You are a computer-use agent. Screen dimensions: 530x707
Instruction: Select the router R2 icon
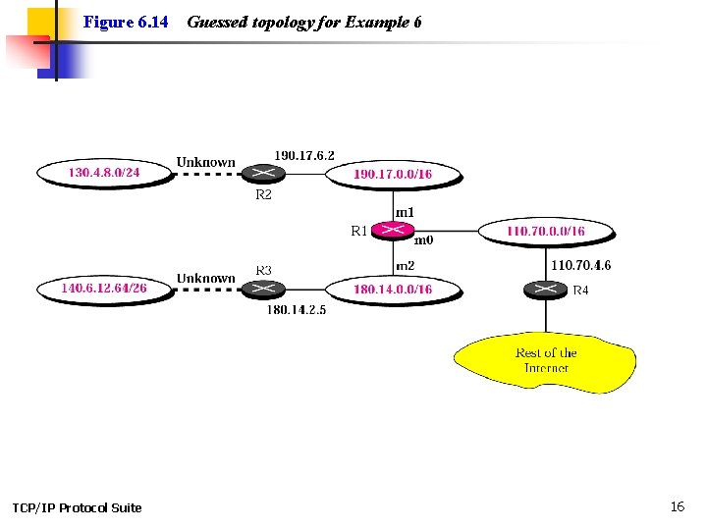262,174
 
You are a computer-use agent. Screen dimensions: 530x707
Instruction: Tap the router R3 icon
262,289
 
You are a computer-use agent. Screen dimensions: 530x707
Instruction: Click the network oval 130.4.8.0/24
104,173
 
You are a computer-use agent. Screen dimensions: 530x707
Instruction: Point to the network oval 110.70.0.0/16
545,232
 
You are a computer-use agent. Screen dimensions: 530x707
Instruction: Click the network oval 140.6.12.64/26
104,289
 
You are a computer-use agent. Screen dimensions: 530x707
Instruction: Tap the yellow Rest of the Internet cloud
546,361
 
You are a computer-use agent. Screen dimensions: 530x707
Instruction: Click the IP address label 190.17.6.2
303,155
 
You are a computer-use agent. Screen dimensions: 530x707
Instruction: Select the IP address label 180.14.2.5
296,310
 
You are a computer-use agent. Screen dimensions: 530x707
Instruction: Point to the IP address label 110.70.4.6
580,265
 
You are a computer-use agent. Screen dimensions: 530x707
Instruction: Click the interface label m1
405,212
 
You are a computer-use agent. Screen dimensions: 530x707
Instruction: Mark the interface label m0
423,239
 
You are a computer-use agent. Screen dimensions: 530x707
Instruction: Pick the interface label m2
405,266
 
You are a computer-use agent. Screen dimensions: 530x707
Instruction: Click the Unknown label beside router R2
205,162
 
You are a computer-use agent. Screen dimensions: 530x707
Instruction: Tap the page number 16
677,506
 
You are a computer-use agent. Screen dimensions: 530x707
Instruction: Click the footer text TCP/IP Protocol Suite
77,507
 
